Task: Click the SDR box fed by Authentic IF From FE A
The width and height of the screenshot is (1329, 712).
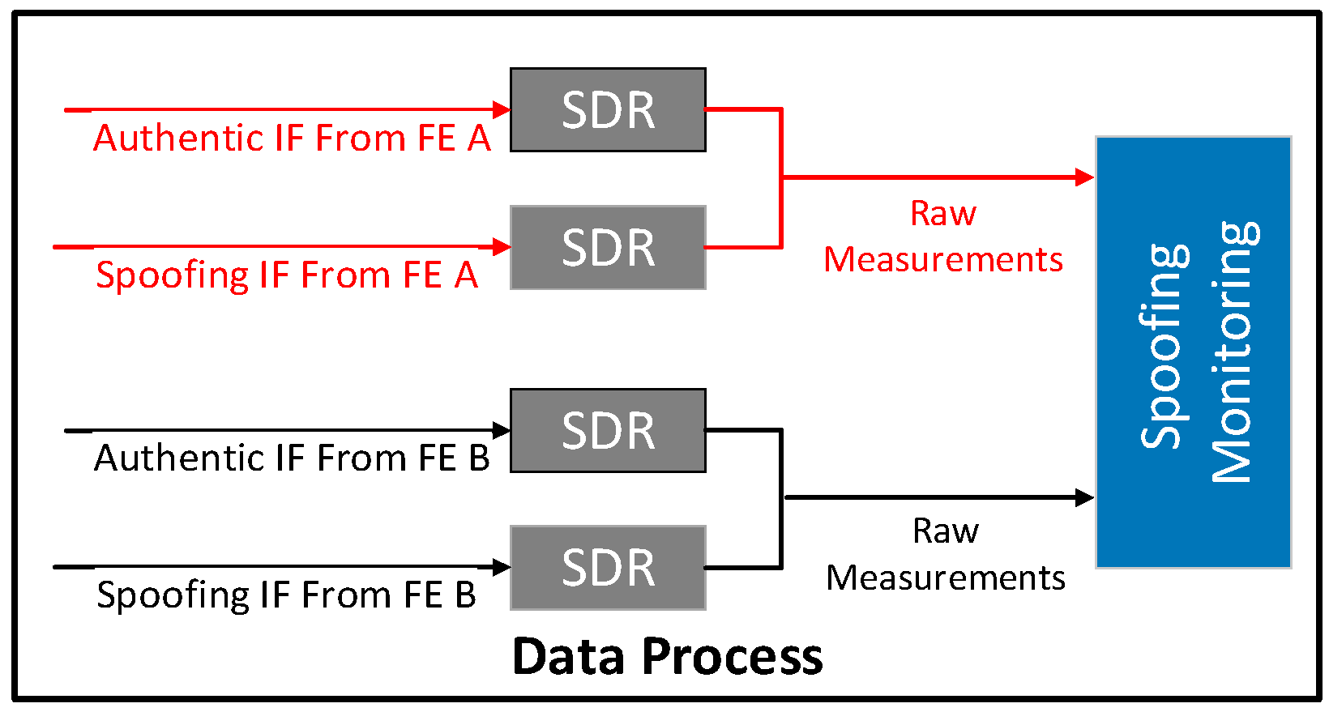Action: click(x=608, y=110)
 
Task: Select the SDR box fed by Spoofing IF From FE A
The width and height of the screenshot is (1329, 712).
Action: click(x=608, y=248)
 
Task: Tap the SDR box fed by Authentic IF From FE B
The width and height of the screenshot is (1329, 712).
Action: click(x=608, y=431)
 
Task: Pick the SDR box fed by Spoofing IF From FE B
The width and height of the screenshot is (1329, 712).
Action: click(x=608, y=568)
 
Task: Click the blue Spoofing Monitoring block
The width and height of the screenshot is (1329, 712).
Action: click(x=1193, y=352)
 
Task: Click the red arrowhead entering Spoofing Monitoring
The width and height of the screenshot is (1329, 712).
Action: click(x=1084, y=177)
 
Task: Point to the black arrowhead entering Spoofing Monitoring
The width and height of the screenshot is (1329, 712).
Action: click(x=1084, y=497)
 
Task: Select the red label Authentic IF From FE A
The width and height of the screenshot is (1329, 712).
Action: click(x=292, y=139)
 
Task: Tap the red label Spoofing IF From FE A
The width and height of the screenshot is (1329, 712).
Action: click(x=287, y=275)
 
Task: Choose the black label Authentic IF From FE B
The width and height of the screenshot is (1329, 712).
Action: click(x=292, y=458)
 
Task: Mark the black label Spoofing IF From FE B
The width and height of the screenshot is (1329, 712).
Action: click(x=286, y=595)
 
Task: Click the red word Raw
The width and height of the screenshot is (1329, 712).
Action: click(x=943, y=214)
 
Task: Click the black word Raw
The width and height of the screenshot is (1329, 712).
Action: click(x=946, y=531)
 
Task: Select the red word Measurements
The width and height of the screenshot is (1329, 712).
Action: click(x=943, y=260)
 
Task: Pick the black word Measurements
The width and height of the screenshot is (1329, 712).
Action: click(x=946, y=578)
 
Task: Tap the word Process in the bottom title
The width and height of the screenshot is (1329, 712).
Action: click(x=732, y=656)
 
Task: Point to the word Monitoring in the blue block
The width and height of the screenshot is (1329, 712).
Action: click(x=1232, y=352)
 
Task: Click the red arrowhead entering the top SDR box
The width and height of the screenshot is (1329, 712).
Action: click(x=502, y=109)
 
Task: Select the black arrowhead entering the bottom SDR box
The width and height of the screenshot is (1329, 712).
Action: click(x=502, y=567)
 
